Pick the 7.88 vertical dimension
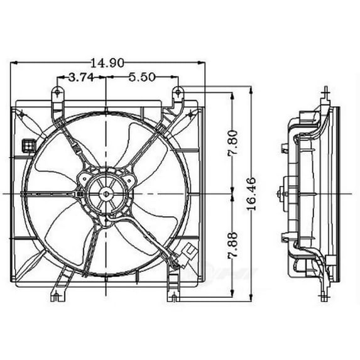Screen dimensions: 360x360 click(233, 249)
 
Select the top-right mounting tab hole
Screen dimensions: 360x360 click(177, 92)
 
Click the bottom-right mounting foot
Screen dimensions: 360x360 click(173, 294)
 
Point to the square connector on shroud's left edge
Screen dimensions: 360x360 click(28, 145)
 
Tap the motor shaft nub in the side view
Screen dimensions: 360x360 click(279, 193)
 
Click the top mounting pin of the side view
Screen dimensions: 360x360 click(325, 94)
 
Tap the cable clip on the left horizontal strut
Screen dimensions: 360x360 click(80, 195)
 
